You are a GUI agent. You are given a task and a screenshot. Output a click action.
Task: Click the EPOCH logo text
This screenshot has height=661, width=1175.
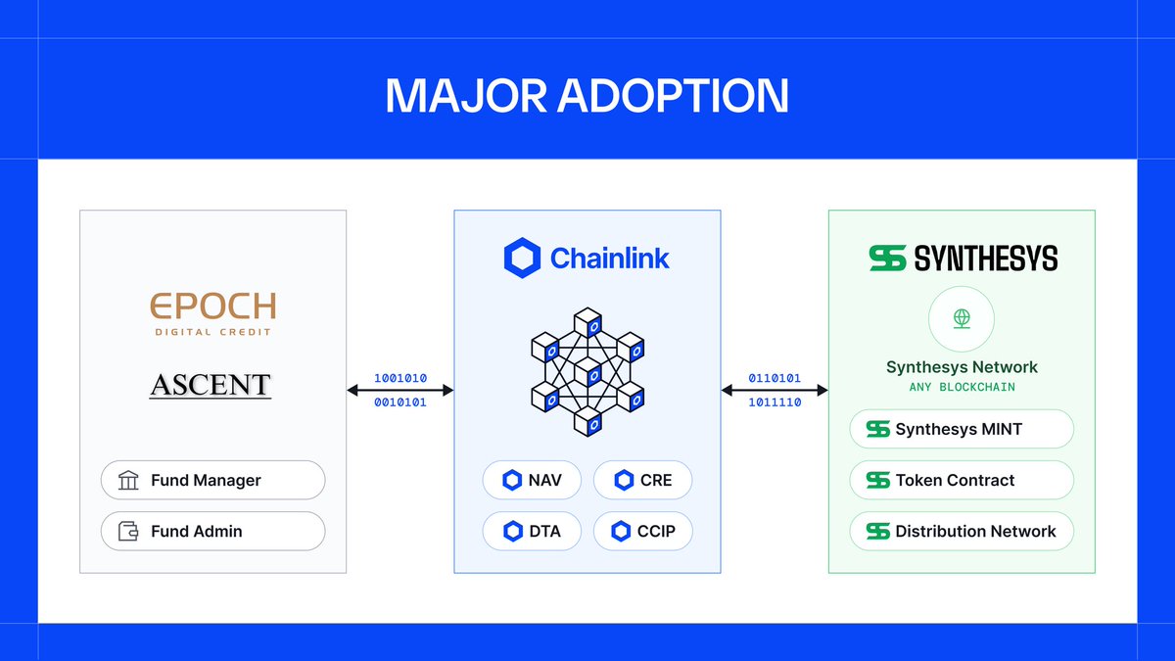(x=212, y=307)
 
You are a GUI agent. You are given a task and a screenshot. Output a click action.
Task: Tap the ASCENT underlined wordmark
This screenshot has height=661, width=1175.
(x=211, y=385)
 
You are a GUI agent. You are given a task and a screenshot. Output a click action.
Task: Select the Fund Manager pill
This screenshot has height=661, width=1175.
(x=212, y=481)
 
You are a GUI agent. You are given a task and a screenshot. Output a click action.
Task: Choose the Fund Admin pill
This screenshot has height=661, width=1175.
(x=212, y=532)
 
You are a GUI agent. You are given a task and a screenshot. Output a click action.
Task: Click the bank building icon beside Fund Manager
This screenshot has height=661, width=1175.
(x=128, y=481)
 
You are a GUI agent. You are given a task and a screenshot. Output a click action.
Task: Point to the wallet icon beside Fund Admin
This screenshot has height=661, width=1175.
(x=128, y=532)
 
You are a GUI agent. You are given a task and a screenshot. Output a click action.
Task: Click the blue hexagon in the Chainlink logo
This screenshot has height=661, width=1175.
(x=522, y=259)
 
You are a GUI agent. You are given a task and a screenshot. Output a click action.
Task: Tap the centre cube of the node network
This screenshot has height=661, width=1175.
(x=587, y=373)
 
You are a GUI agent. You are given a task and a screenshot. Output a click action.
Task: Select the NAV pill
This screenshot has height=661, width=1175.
(x=533, y=480)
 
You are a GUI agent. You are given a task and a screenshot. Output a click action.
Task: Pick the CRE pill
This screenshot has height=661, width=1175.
(x=643, y=480)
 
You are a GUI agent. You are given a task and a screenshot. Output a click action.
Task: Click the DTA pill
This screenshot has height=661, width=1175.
(x=533, y=531)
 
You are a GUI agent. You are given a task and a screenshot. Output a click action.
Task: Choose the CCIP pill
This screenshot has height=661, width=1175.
(x=643, y=531)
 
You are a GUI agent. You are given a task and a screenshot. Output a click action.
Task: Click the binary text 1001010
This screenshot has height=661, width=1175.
(x=400, y=378)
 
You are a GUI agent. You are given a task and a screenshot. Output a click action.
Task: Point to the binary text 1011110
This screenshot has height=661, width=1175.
(x=775, y=401)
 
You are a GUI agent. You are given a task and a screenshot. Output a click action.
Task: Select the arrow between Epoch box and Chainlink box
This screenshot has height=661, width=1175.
(x=400, y=390)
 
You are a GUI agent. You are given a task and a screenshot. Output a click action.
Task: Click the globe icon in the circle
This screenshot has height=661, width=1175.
(x=962, y=319)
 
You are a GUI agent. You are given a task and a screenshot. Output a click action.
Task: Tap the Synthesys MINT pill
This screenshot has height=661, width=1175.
(x=962, y=430)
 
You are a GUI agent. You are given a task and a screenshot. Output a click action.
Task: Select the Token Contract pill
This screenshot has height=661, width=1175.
(x=962, y=481)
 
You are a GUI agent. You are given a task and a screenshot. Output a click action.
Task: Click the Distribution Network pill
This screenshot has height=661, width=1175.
(x=962, y=532)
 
